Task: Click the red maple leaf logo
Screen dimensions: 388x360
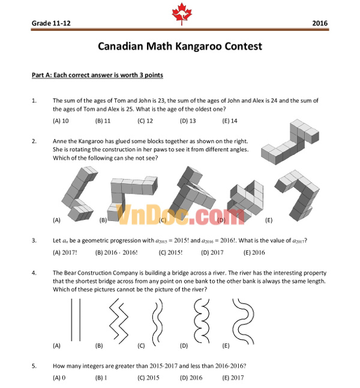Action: pyautogui.click(x=179, y=13)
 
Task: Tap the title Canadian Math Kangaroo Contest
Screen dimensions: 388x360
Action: pyautogui.click(x=179, y=46)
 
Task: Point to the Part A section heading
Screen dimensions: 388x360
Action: pyautogui.click(x=97, y=75)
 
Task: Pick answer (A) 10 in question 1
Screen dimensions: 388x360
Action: pyautogui.click(x=61, y=121)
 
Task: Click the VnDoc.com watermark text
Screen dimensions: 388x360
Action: pyautogui.click(x=179, y=214)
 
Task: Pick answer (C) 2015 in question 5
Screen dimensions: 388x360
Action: pyautogui.click(x=148, y=377)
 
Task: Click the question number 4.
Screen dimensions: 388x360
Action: pyautogui.click(x=34, y=272)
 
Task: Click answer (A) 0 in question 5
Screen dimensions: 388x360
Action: pyautogui.click(x=59, y=377)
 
